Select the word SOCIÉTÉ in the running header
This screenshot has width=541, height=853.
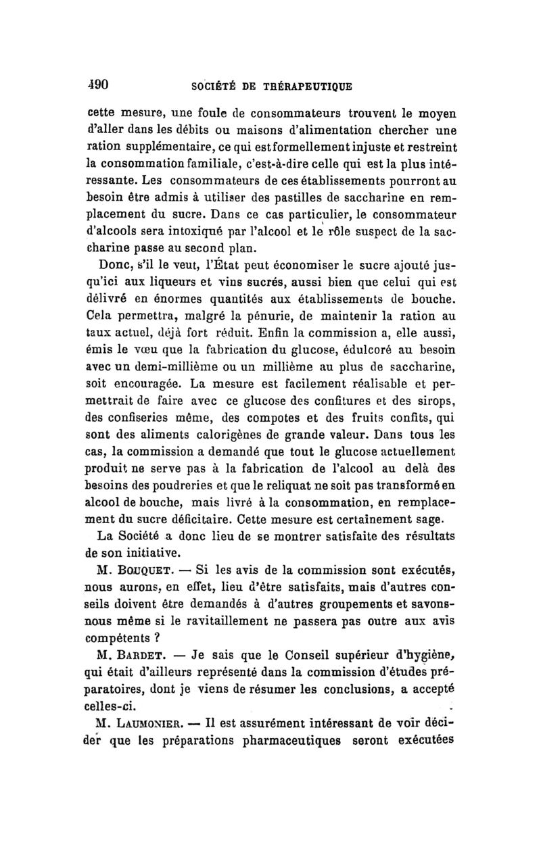tap(214, 87)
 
